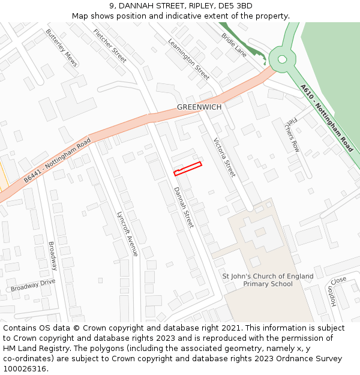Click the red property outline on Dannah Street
188,169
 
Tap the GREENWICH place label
199,107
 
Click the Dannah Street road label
184,207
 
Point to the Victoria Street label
224,158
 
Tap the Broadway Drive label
32,285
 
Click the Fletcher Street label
110,46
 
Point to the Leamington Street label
188,59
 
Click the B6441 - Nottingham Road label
57,160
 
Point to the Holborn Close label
335,292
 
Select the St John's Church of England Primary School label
268,280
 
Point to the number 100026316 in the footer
24,369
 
